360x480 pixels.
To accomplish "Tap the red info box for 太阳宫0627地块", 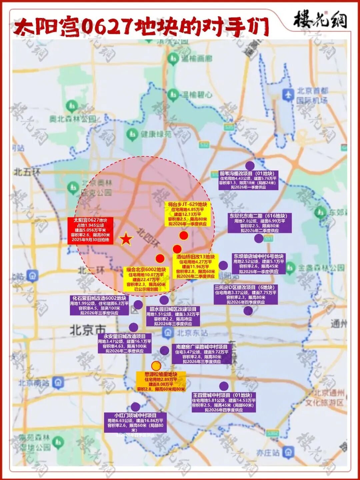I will click(90, 230).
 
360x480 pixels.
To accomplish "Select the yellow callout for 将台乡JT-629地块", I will click(187, 214).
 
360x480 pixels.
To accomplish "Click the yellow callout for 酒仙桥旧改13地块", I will click(195, 266).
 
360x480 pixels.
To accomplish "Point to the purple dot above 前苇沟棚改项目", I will click(250, 165).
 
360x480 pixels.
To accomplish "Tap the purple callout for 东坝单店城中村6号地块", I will click(259, 264).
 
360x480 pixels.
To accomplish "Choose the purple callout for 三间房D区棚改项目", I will click(246, 295).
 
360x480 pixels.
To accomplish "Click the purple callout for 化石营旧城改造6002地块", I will click(99, 305).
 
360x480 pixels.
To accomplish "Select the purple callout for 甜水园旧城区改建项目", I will click(173, 316).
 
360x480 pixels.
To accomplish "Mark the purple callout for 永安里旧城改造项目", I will click(125, 344).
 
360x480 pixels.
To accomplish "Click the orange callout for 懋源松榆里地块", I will click(161, 382).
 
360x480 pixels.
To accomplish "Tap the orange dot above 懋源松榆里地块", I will click(156, 366).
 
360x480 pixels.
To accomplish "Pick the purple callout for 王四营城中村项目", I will click(224, 402).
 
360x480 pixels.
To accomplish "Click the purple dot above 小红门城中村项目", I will click(135, 407).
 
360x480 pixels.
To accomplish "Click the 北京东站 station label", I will click(192, 333).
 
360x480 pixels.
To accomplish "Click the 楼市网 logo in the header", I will click(320, 20).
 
